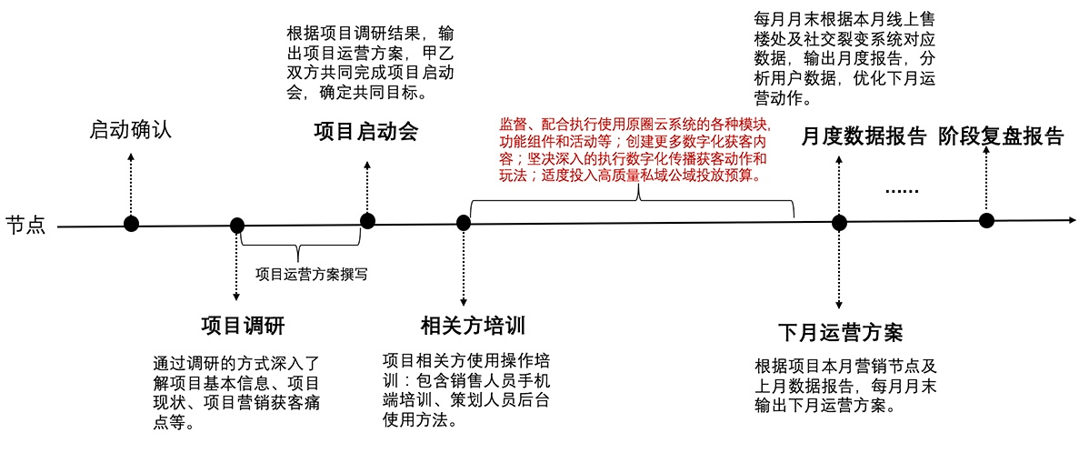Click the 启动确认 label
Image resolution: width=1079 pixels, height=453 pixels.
(130, 129)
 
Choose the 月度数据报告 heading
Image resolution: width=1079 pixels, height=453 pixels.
(864, 137)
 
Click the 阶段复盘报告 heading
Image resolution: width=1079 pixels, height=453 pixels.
(1001, 137)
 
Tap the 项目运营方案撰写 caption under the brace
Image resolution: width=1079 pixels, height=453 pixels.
(312, 272)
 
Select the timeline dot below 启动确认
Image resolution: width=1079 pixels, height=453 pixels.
(132, 224)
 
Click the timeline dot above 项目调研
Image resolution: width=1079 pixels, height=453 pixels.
(237, 226)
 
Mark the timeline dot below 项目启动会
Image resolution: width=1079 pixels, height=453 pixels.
(367, 220)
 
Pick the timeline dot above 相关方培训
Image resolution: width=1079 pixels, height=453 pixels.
(464, 222)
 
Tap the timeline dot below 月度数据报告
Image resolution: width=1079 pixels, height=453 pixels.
(839, 222)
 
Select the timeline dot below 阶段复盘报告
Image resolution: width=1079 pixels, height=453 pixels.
(986, 220)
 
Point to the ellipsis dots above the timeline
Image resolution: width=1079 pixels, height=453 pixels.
(902, 191)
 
